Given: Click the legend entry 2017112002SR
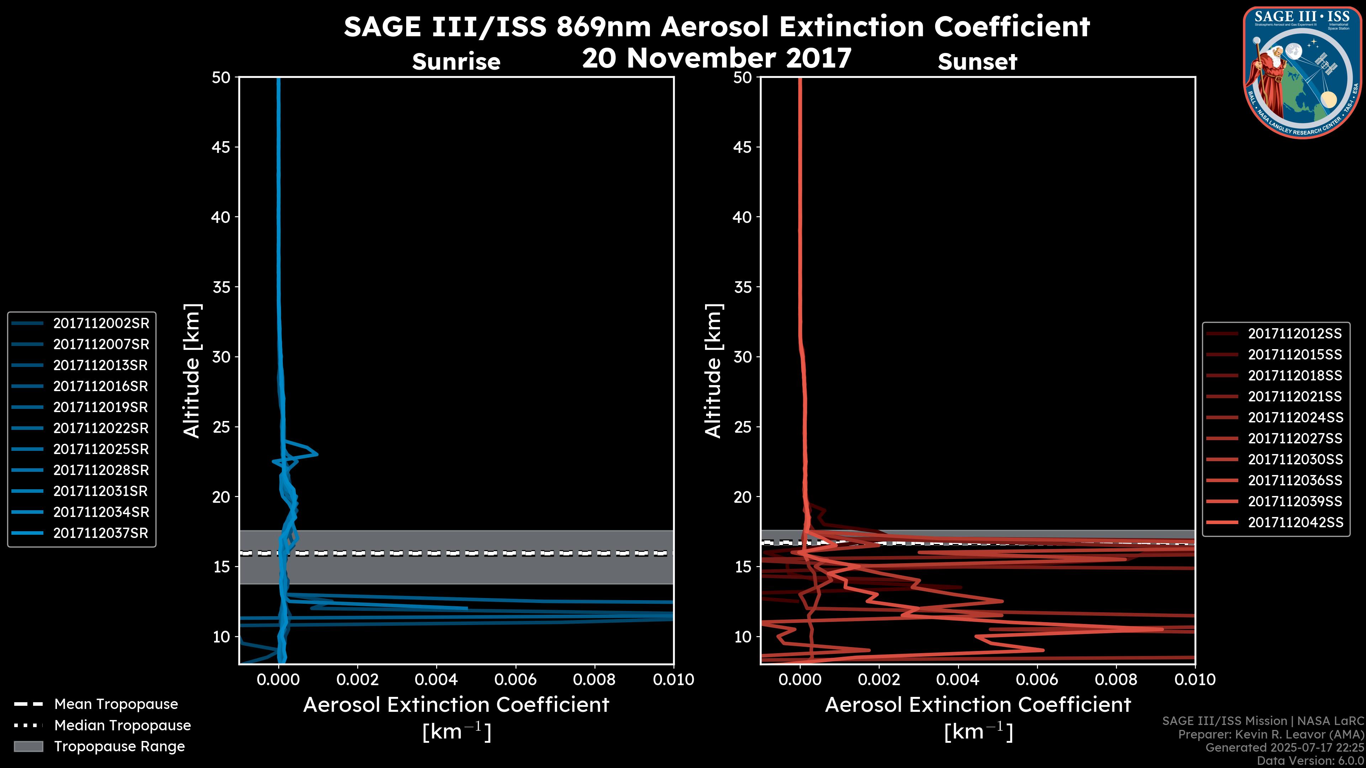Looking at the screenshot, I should (101, 323).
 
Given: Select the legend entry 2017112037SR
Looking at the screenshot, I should (101, 533).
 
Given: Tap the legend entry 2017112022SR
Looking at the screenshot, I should (101, 428).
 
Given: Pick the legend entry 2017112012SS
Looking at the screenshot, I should (1295, 334).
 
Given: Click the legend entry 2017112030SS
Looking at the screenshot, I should (1295, 459).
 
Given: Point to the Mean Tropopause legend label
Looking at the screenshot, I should (116, 704).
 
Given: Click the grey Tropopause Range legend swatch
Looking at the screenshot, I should (28, 747).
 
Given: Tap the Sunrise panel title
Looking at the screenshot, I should (456, 62).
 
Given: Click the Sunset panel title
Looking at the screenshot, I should (977, 62).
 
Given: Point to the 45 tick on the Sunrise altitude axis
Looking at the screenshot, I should (221, 147).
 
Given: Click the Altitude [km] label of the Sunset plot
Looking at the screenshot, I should (713, 371).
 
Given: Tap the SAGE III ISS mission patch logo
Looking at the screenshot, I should (1302, 72).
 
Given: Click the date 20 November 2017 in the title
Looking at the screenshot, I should (716, 58).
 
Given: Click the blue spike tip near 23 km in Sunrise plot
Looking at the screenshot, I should (317, 454).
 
